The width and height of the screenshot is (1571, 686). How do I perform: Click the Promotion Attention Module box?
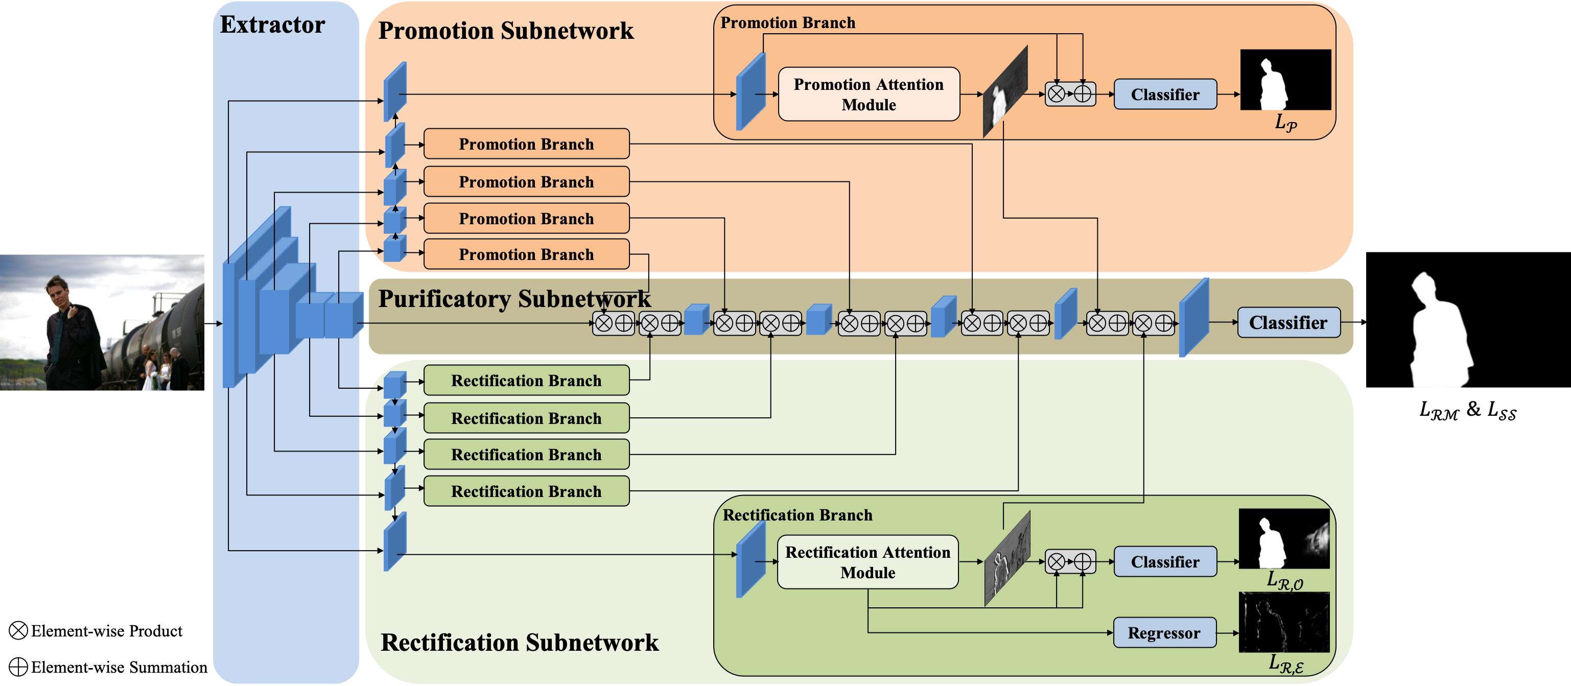point(869,94)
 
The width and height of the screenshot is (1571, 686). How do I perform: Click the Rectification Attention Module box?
point(867,562)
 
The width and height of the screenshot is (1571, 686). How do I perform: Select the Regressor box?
point(1164,633)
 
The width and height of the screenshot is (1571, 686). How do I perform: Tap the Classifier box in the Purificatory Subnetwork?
point(1288,323)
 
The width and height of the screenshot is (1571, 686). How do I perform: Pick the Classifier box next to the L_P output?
point(1165,94)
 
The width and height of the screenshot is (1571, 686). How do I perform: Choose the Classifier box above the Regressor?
point(1165,561)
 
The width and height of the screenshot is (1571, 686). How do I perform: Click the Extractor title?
point(273,25)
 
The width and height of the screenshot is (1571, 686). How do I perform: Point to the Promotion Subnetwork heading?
point(506,31)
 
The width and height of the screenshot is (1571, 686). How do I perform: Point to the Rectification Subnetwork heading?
point(520,643)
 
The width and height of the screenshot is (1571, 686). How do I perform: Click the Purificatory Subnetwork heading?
point(514,299)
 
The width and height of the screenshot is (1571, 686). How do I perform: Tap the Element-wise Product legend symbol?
point(18,630)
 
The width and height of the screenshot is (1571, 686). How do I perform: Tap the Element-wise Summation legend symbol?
point(18,667)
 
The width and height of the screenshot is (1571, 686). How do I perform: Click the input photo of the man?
point(102,323)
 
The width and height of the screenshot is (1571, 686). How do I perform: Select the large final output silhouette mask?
point(1468,320)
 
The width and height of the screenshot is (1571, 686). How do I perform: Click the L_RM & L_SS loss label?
point(1467,410)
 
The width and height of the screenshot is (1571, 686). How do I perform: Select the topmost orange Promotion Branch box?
point(526,144)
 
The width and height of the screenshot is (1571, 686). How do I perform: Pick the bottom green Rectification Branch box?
point(526,491)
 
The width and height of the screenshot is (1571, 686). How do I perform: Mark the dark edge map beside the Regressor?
point(1284,623)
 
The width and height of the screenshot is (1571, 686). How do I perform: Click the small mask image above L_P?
point(1285,80)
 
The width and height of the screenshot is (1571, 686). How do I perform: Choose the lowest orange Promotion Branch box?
point(526,254)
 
